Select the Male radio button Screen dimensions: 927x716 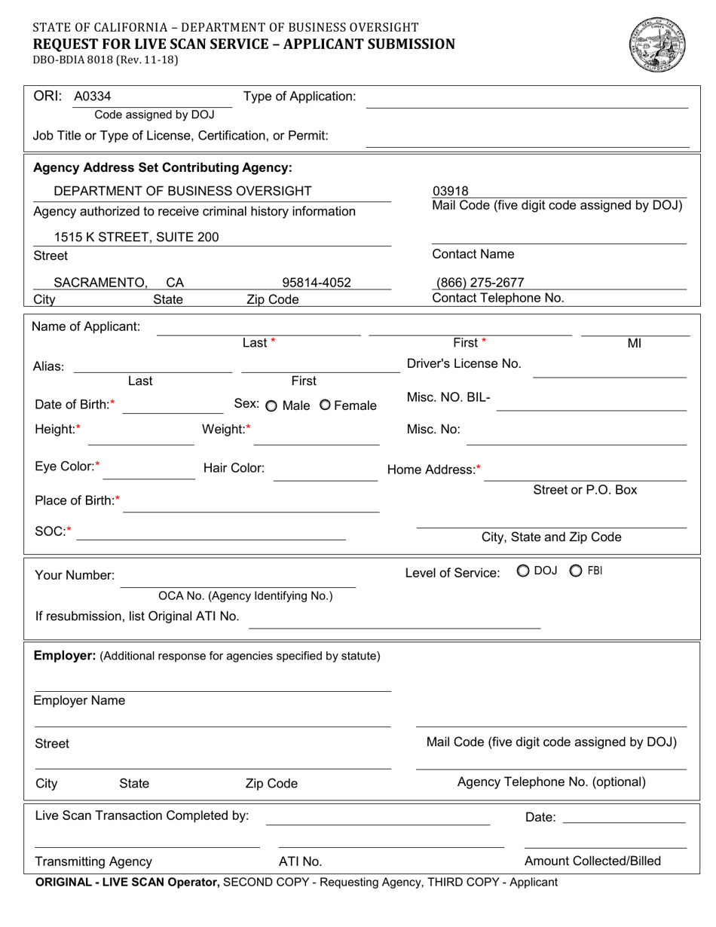tap(271, 406)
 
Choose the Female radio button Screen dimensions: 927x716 tap(325, 405)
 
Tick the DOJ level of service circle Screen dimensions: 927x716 tap(522, 571)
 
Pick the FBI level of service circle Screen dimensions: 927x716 tap(576, 571)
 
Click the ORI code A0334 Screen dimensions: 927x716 tap(92, 96)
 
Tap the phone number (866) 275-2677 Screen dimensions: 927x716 tap(481, 283)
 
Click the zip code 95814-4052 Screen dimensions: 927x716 tap(317, 283)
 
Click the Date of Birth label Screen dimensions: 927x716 tap(75, 405)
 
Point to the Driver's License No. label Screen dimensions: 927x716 tap(464, 363)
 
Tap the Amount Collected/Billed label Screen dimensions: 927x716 tap(592, 861)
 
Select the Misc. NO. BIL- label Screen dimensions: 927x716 tap(448, 398)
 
